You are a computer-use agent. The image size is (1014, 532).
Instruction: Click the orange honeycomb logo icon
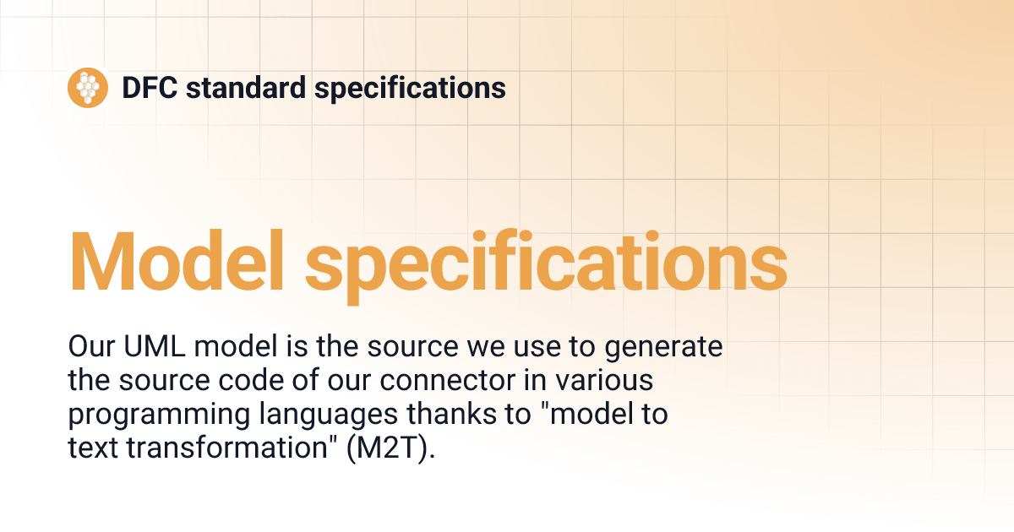tap(88, 87)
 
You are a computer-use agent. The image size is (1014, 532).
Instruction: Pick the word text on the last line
tap(93, 448)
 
